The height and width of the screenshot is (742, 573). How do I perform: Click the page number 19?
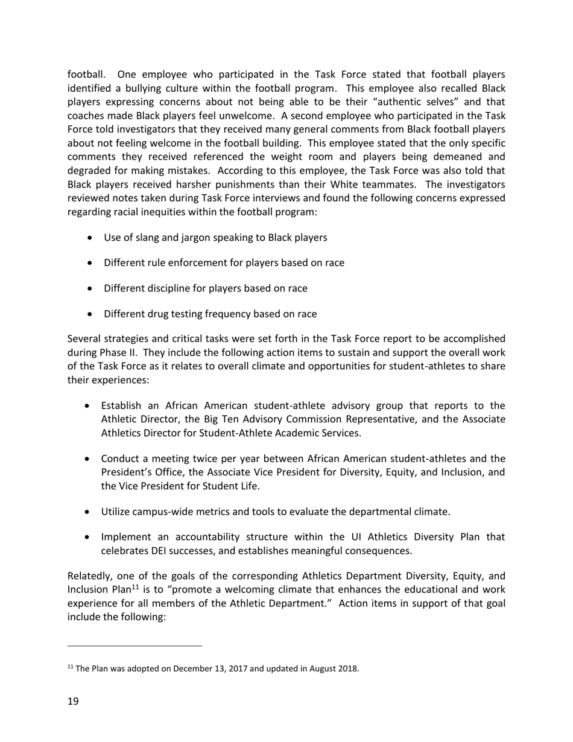coord(73,701)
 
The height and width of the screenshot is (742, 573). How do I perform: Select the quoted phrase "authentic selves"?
coord(419,102)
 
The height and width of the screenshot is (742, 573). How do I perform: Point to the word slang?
coord(147,238)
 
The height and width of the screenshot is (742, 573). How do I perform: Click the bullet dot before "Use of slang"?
coord(90,238)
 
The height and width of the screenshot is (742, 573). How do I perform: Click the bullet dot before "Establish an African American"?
coord(88,405)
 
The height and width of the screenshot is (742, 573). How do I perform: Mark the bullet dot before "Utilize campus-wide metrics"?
coord(88,512)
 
